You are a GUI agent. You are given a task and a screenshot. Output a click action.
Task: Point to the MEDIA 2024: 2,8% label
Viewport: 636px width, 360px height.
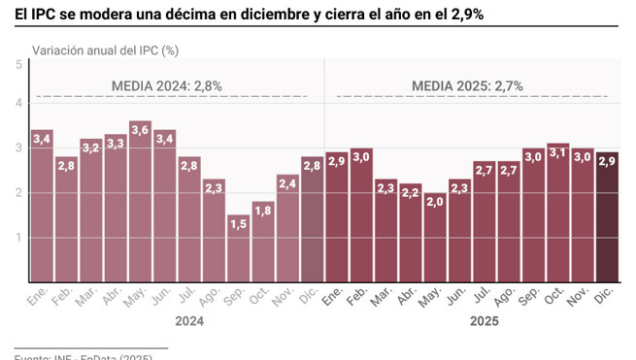[167, 85]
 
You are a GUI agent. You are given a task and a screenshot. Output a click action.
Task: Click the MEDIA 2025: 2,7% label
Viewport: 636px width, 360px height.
[468, 85]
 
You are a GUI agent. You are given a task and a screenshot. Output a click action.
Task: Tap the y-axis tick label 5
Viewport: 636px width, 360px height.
[19, 64]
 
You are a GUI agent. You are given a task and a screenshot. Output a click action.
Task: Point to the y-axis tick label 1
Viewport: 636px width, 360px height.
[19, 238]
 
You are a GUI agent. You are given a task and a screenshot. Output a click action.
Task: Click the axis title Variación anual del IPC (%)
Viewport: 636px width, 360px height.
[105, 49]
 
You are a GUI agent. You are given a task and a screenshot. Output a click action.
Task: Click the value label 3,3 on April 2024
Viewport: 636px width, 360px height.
[116, 143]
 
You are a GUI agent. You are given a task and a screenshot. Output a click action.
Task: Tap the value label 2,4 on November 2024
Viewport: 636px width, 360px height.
[287, 180]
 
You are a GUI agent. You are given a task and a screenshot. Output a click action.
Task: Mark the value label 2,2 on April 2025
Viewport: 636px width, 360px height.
[410, 192]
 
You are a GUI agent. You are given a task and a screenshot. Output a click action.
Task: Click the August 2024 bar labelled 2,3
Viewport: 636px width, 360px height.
[214, 233]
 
